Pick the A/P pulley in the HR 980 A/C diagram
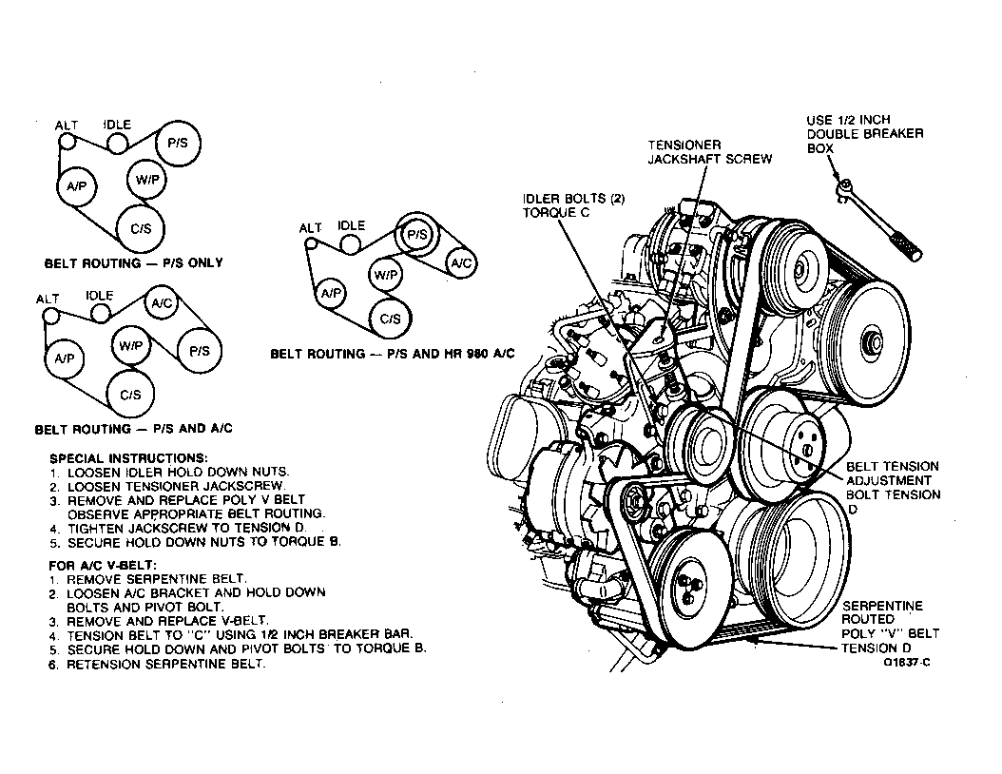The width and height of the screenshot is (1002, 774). click(x=331, y=294)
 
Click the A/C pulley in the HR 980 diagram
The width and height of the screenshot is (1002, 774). click(x=461, y=261)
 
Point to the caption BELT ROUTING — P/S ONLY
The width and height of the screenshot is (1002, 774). click(x=134, y=262)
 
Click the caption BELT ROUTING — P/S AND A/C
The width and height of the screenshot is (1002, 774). click(x=134, y=429)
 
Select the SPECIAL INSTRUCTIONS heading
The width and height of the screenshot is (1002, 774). click(x=128, y=457)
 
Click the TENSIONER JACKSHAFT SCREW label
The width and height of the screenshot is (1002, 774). click(x=709, y=152)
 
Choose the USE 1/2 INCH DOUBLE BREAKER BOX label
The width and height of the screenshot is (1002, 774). click(x=864, y=134)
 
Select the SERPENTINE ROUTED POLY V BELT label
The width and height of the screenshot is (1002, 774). click(x=889, y=627)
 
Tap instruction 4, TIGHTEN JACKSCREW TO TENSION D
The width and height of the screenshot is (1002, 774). click(x=181, y=528)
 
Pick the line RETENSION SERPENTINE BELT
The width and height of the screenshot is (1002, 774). click(x=166, y=664)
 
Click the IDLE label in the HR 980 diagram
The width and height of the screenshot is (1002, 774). click(x=351, y=226)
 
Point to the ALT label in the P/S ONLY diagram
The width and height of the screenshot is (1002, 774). click(x=67, y=126)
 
